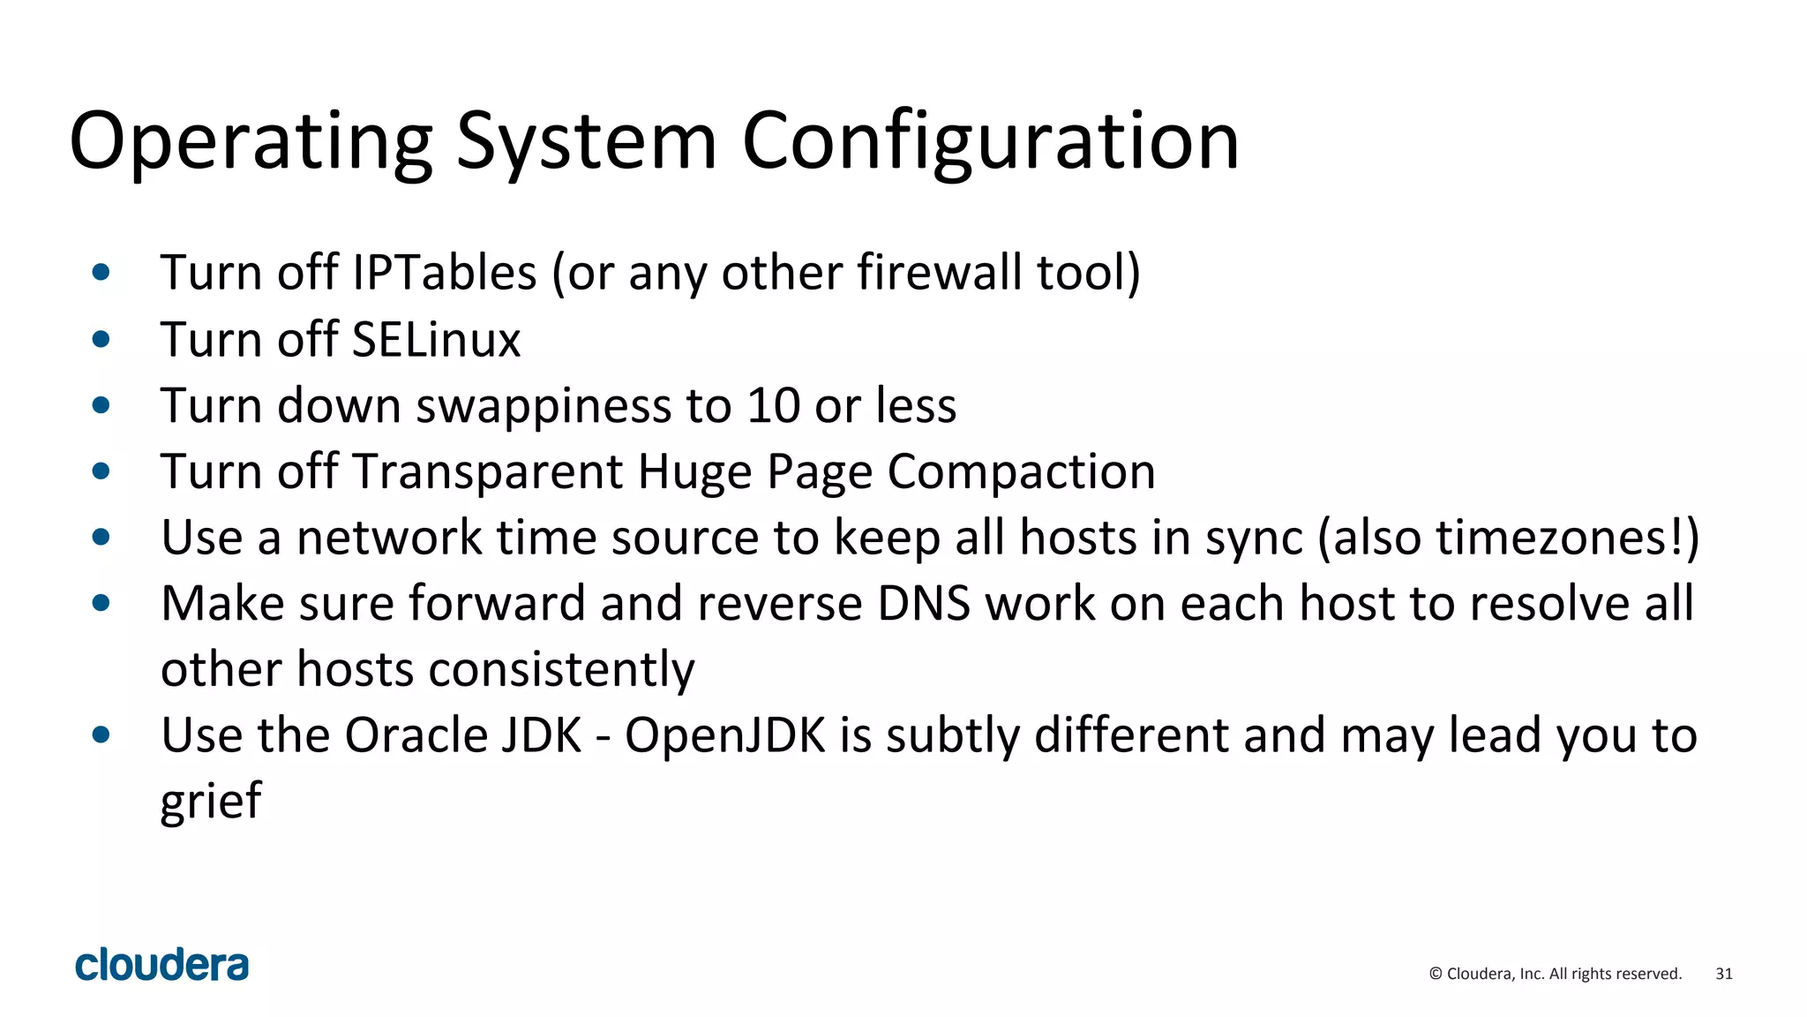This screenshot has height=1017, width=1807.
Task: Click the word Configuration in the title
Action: tap(990, 141)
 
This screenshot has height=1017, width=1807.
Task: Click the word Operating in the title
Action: tap(251, 141)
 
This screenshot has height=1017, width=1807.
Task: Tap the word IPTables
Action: tap(444, 272)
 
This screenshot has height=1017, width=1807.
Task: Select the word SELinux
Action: tap(436, 340)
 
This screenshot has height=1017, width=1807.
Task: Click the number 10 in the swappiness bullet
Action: tap(773, 406)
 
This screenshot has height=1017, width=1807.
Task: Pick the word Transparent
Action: tap(488, 471)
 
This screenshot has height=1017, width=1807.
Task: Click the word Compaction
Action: tap(1021, 471)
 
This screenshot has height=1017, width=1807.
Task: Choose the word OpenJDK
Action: tap(725, 735)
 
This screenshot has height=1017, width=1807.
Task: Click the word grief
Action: tap(211, 802)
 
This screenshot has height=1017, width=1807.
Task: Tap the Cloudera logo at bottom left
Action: tap(161, 965)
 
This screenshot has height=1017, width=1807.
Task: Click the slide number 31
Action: tap(1723, 974)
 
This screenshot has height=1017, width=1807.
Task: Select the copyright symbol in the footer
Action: tap(1436, 974)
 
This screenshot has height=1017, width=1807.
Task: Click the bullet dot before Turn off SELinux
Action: tap(101, 339)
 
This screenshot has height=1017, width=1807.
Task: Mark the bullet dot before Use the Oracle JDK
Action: tap(101, 734)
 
